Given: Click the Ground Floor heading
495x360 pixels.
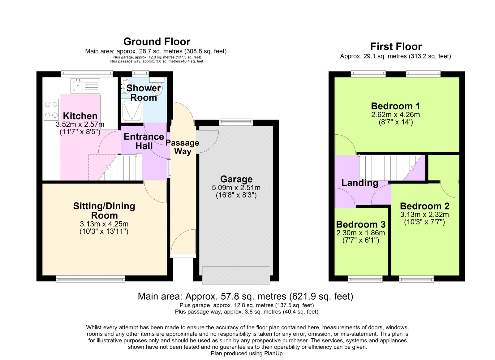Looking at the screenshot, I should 157,41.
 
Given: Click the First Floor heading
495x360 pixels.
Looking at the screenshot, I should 396,46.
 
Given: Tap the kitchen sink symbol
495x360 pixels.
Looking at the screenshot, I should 78,85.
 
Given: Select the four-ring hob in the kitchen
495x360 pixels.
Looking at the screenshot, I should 51,110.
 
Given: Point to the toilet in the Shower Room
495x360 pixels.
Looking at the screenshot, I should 157,87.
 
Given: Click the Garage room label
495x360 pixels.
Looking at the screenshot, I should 236,179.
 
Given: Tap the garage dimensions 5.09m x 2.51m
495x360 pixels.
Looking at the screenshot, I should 236,188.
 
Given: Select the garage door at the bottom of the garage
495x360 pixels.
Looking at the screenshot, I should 236,275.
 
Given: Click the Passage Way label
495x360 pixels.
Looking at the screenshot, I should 183,147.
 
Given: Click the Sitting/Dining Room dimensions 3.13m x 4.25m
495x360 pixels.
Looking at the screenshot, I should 104,224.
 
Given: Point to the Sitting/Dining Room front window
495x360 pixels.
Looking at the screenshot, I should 90,279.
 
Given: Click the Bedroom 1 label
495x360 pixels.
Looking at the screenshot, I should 395,106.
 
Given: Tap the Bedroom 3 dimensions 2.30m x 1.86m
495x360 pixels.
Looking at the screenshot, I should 361,233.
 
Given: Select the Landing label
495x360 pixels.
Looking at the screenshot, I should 359,183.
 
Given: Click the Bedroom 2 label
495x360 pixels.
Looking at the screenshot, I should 424,206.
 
